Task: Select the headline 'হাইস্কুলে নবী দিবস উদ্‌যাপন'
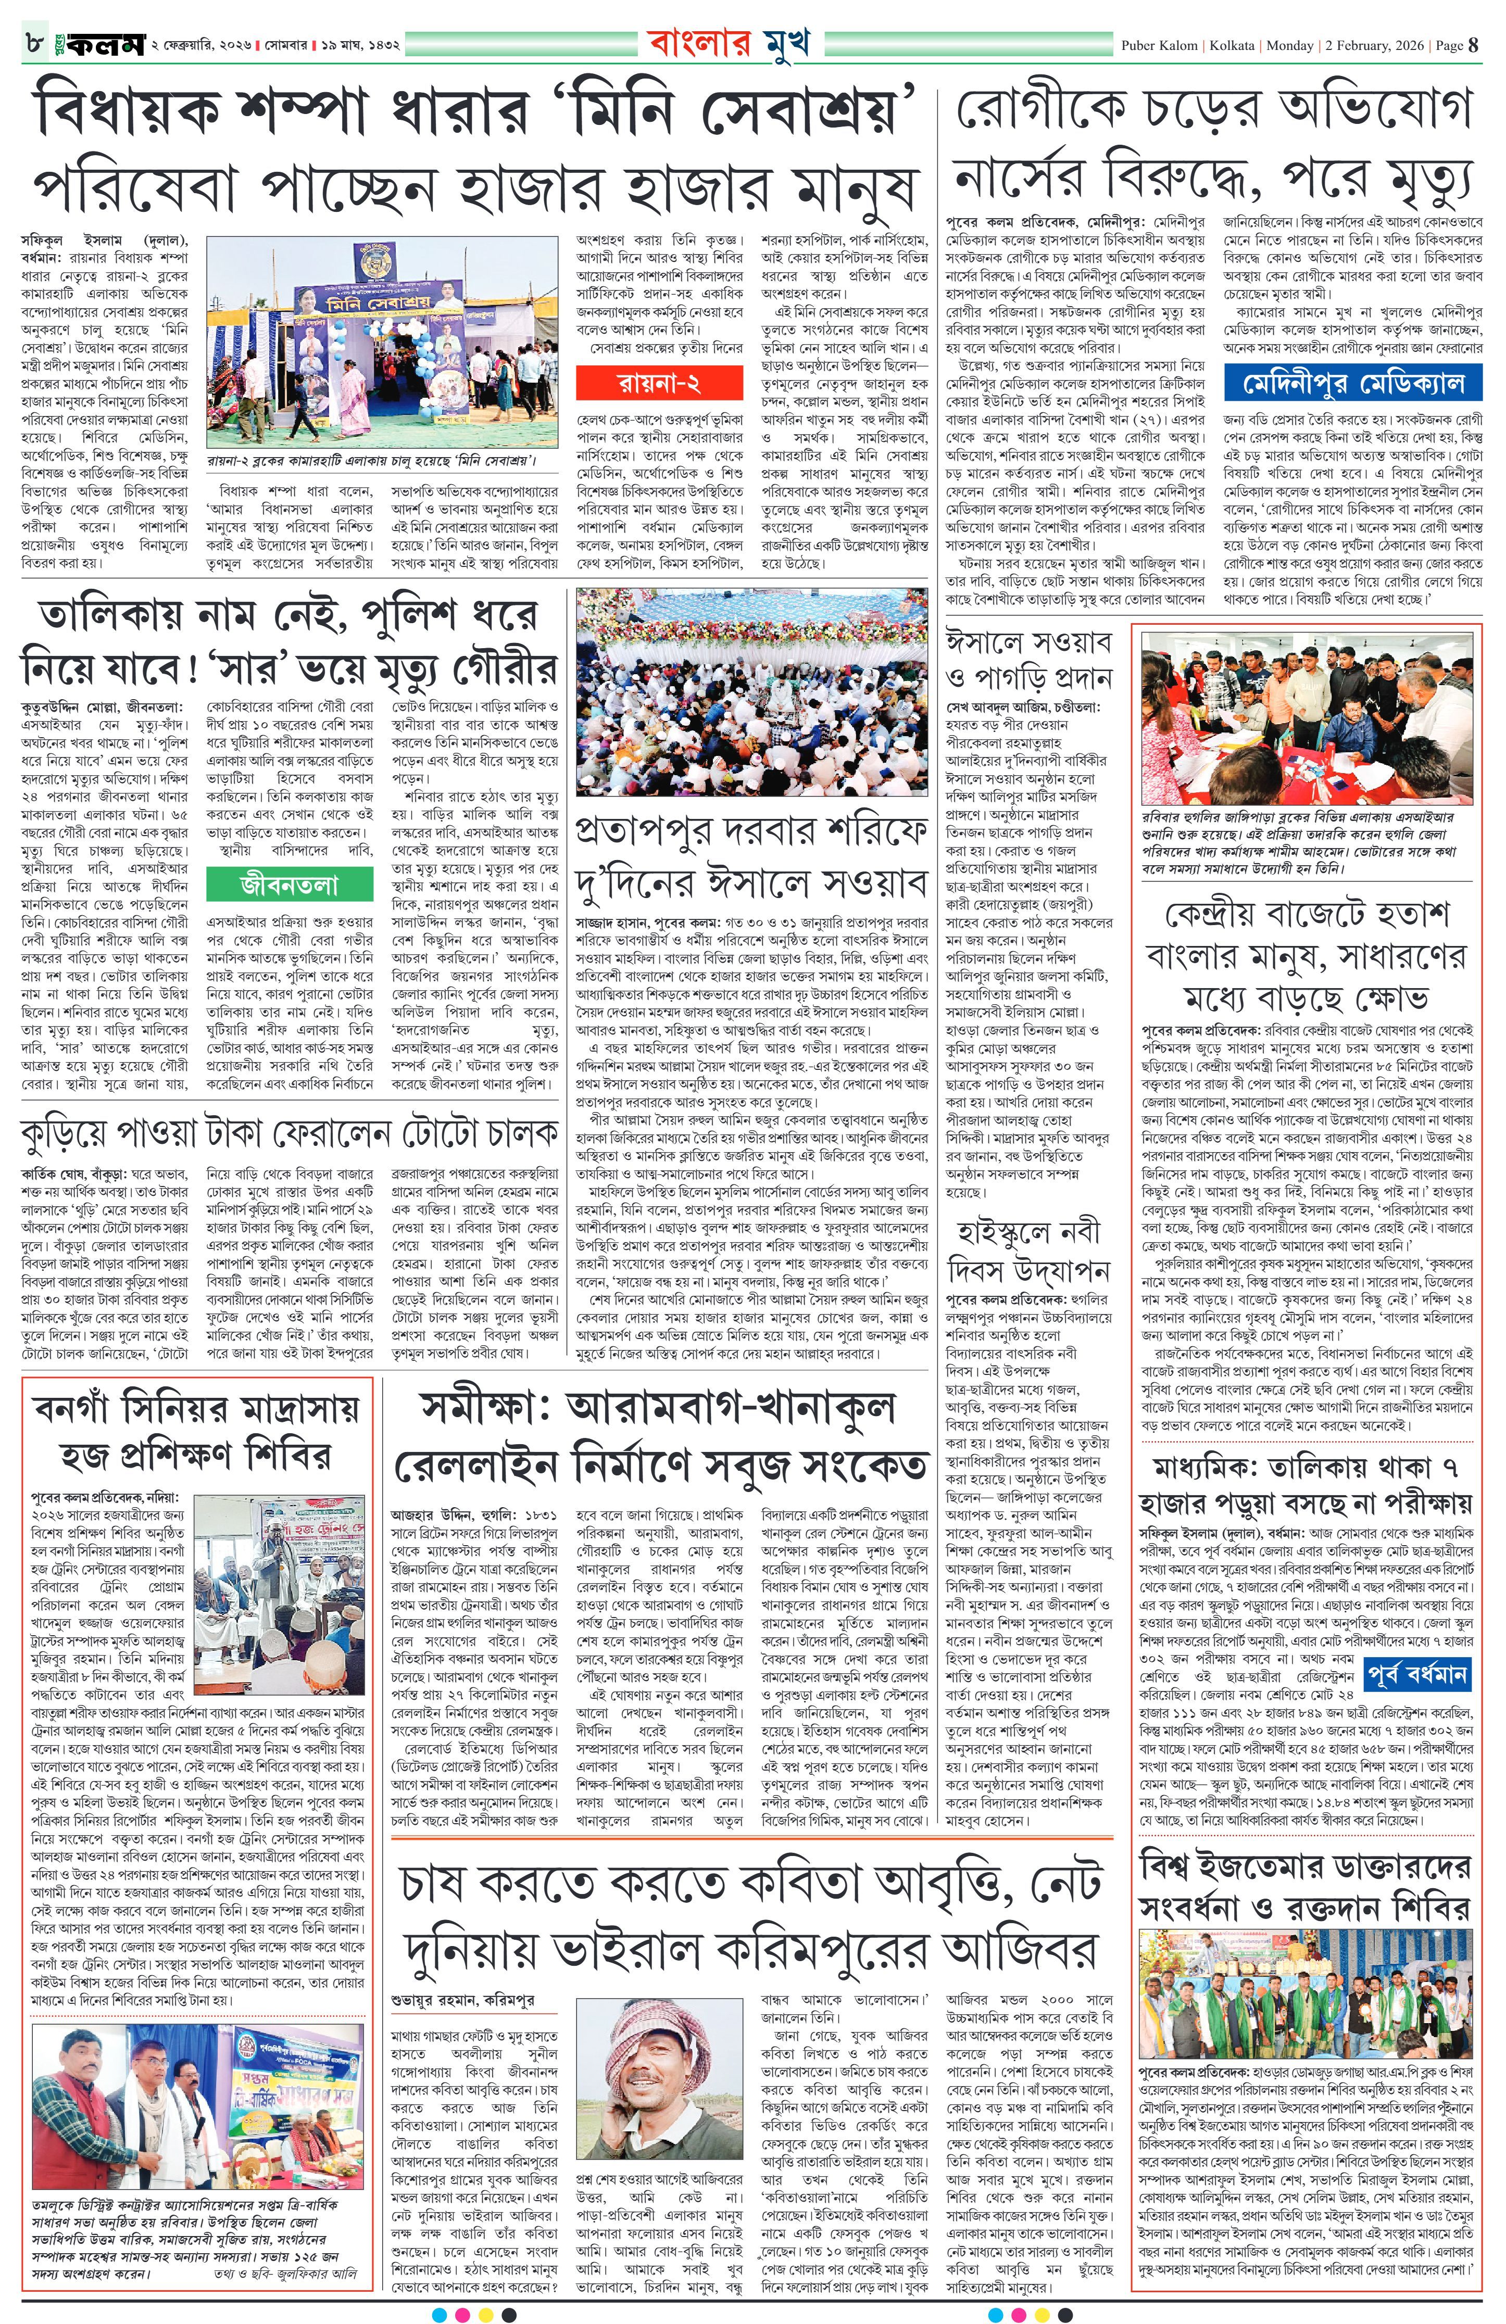tap(1028, 1249)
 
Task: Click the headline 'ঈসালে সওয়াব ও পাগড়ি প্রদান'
tap(1028, 658)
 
